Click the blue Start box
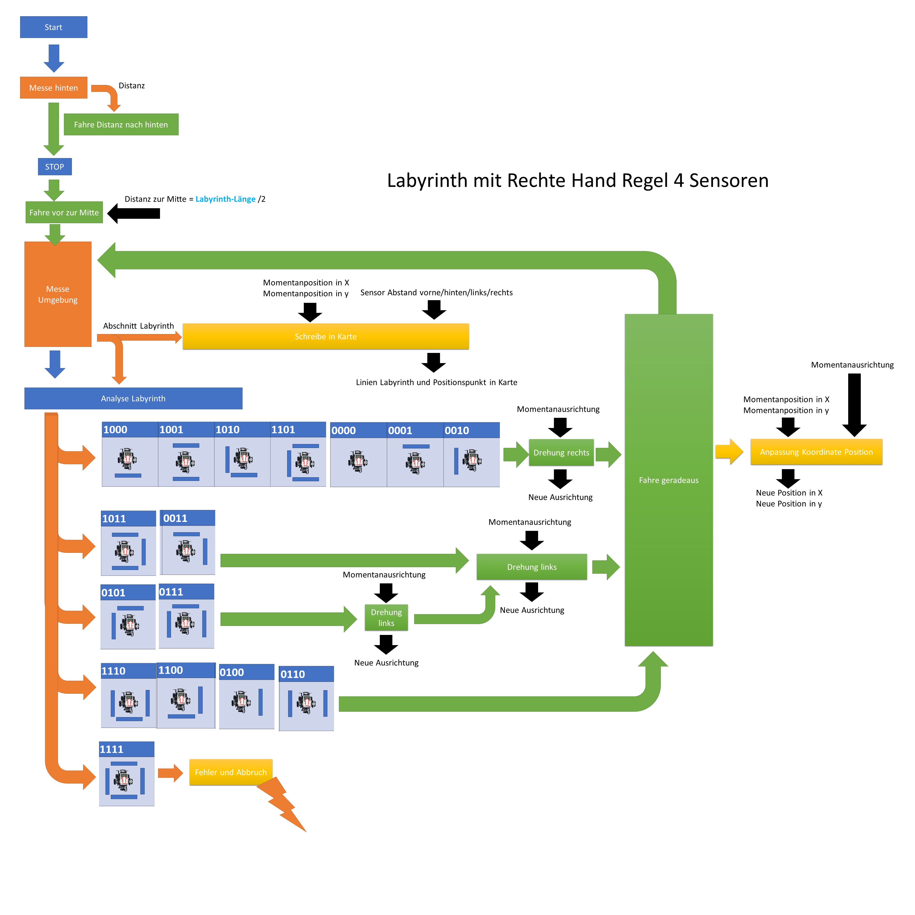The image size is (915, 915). pyautogui.click(x=53, y=27)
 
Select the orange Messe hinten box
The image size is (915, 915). pyautogui.click(x=53, y=88)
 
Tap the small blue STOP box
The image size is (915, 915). pyautogui.click(x=54, y=167)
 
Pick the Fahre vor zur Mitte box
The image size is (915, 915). pyautogui.click(x=64, y=212)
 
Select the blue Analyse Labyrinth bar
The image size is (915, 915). pyautogui.click(x=133, y=398)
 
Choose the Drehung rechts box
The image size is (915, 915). pyautogui.click(x=561, y=452)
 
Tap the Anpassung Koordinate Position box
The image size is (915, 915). pyautogui.click(x=816, y=452)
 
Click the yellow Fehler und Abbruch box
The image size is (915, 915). pyautogui.click(x=231, y=772)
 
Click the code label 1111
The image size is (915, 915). pyautogui.click(x=112, y=749)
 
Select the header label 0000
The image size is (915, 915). pyautogui.click(x=344, y=430)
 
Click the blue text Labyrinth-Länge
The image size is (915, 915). pyautogui.click(x=225, y=199)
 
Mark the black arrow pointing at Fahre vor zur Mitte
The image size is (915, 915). pyautogui.click(x=134, y=213)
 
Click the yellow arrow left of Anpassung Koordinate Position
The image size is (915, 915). pyautogui.click(x=729, y=452)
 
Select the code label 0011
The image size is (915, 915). pyautogui.click(x=176, y=518)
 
